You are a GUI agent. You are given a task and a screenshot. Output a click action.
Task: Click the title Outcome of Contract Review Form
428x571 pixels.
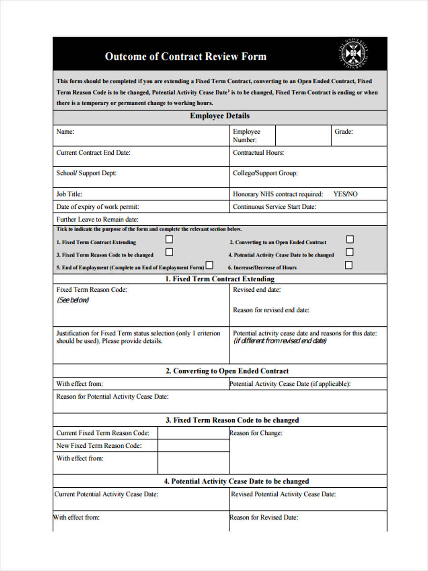[x=185, y=56]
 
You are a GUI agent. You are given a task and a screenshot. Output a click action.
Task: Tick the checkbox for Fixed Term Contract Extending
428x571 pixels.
[x=169, y=239]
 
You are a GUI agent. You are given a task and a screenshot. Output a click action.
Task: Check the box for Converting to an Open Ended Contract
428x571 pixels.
[x=350, y=239]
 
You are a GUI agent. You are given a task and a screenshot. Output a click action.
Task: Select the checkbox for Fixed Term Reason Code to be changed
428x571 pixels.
[x=169, y=252]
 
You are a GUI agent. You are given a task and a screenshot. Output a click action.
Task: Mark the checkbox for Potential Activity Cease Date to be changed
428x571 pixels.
[x=350, y=252]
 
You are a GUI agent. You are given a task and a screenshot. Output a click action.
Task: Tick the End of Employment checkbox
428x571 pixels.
[x=209, y=265]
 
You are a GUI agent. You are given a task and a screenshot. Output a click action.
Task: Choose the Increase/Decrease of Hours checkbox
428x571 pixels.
[x=349, y=265]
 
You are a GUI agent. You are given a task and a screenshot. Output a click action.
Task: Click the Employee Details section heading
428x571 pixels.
[x=220, y=116]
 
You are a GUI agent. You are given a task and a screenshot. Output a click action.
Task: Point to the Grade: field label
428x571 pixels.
[x=343, y=132]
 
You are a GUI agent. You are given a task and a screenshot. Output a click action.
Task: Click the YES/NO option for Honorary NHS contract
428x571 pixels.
[x=345, y=194]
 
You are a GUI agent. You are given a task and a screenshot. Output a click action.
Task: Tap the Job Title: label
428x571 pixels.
[x=69, y=194]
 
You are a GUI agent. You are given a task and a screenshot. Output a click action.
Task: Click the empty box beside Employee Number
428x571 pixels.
[x=303, y=136]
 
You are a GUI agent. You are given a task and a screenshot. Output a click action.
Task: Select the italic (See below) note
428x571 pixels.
[x=73, y=300]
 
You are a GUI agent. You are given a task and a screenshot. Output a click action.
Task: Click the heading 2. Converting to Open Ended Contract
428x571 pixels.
[x=227, y=371]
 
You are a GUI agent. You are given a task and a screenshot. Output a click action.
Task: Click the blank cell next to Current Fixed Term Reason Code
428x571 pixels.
[x=193, y=433]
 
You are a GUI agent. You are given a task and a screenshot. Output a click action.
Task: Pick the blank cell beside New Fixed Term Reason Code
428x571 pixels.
[x=193, y=446]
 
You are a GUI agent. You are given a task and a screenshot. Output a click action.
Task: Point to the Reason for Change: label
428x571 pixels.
[x=256, y=433]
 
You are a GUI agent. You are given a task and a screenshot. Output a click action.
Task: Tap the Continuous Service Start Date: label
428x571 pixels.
[x=274, y=207]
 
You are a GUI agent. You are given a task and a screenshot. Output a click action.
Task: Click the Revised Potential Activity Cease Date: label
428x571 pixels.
[x=283, y=494]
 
